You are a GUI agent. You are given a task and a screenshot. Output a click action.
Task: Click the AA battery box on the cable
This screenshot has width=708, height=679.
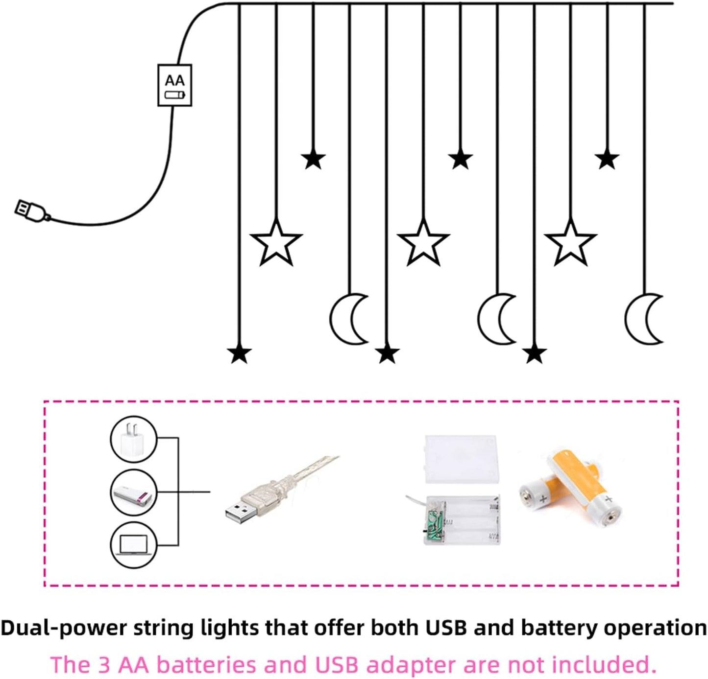click(x=174, y=85)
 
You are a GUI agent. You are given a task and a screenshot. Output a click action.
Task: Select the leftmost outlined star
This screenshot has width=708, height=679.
click(x=276, y=243)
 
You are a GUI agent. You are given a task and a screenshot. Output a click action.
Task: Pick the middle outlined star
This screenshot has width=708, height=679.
click(x=423, y=243)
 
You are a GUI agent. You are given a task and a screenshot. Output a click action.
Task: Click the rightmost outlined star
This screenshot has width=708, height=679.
click(x=570, y=243)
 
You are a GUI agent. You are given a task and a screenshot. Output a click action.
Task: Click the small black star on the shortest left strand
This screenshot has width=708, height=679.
click(x=313, y=159)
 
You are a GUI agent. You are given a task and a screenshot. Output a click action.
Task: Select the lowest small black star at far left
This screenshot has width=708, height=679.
click(x=239, y=353)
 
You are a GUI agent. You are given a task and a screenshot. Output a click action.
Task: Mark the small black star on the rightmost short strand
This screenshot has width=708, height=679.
click(x=607, y=159)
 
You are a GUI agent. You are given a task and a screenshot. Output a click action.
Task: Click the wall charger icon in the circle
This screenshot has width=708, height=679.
click(x=133, y=439)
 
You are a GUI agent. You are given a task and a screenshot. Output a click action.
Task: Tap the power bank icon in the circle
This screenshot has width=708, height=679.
click(x=133, y=492)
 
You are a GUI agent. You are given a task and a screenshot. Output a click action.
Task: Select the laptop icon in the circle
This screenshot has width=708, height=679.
click(x=133, y=545)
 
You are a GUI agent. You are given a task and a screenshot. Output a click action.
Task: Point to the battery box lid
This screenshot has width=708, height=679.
click(x=461, y=459)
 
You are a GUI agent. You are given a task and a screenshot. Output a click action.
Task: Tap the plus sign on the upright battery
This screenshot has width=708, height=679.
click(x=608, y=499)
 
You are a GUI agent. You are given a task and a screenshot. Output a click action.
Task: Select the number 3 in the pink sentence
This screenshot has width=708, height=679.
click(x=104, y=665)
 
